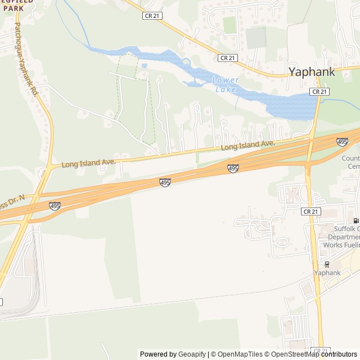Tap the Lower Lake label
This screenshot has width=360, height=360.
coord(226,84)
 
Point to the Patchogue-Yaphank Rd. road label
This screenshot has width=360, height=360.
coord(26,59)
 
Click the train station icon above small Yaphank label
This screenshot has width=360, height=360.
coord(326,264)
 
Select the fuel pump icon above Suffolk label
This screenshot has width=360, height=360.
coord(355,220)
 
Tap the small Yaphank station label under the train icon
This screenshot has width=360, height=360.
coord(327,273)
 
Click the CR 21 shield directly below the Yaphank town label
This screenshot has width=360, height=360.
coord(319,91)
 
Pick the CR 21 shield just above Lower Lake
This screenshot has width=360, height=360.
coord(227,57)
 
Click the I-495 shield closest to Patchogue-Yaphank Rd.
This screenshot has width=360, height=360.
coord(55,206)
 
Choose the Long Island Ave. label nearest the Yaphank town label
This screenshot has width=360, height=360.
coord(247,145)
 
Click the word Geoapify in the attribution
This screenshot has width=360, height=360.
coord(192,354)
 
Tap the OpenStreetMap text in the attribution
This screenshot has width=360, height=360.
coord(292,354)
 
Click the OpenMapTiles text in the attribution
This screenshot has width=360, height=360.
coord(238,354)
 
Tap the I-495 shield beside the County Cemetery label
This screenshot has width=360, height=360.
coord(342,141)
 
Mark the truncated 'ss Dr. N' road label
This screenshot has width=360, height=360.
coord(12,200)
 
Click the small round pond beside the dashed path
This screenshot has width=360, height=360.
coord(145,66)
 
